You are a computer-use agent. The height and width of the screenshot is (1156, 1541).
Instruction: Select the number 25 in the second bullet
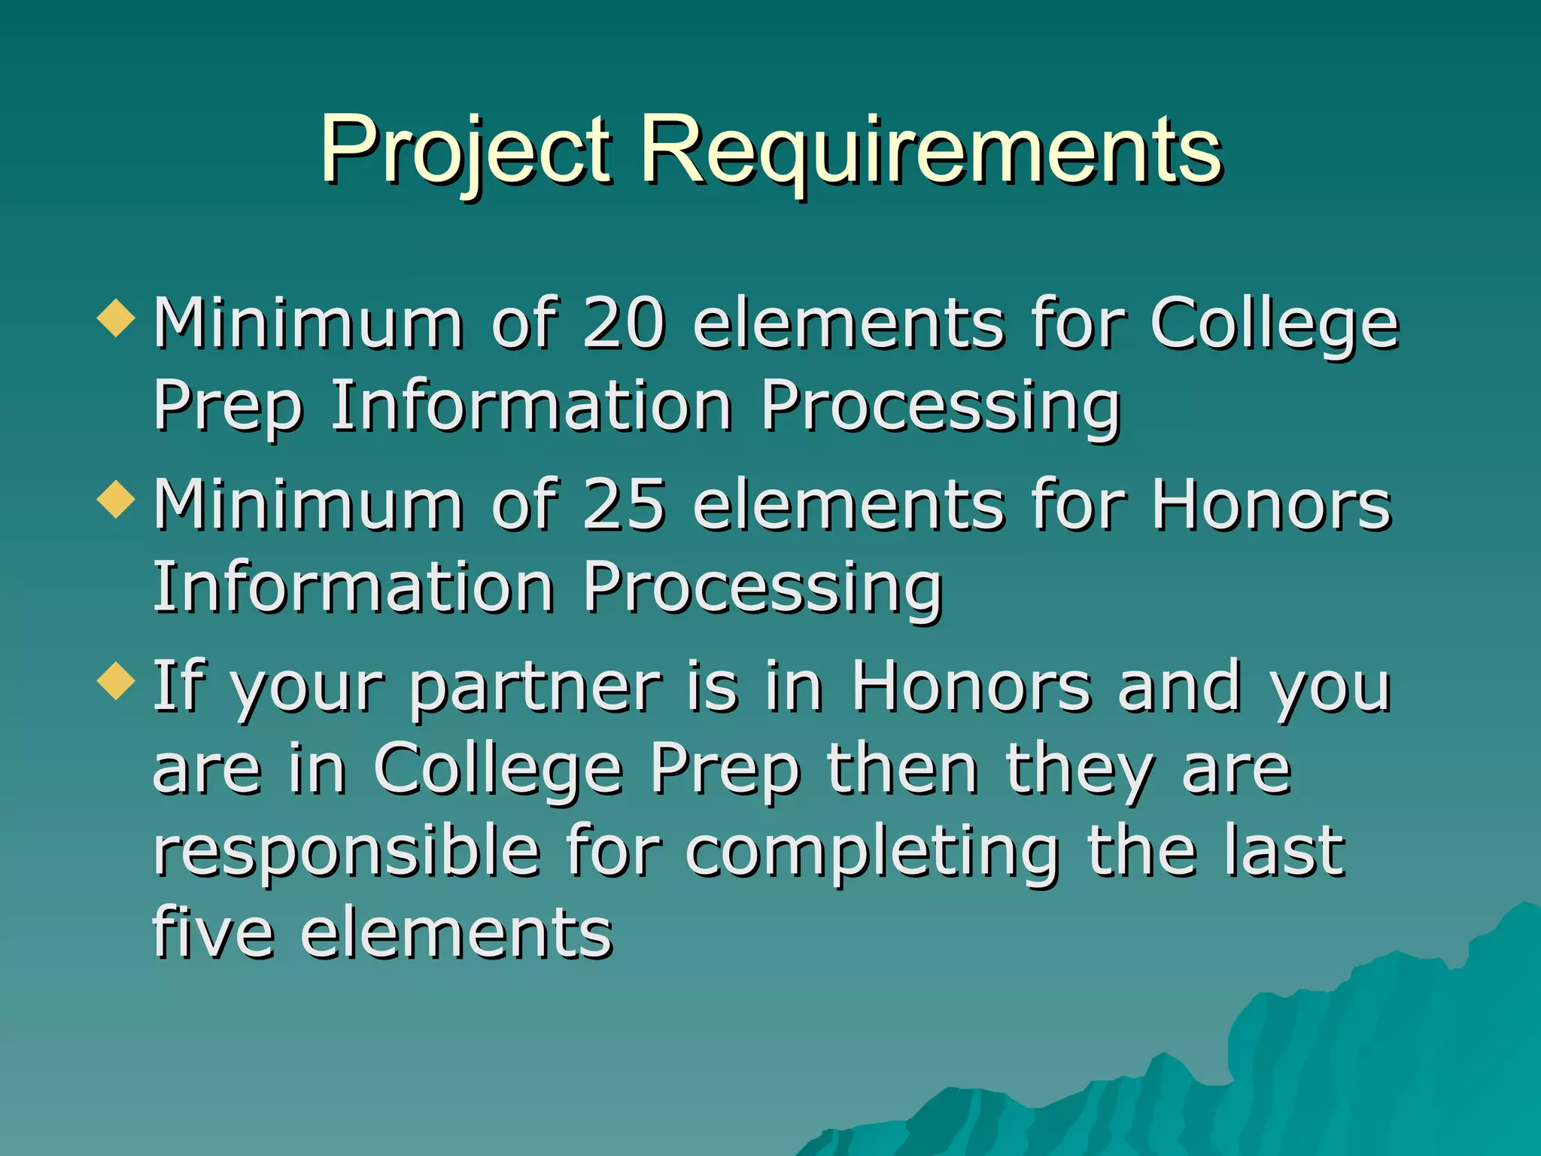point(624,504)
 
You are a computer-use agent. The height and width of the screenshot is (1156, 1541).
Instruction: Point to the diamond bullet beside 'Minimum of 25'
point(117,500)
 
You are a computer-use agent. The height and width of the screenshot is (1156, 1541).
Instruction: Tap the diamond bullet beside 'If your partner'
point(117,680)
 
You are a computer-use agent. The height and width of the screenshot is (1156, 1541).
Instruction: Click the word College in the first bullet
point(1275,324)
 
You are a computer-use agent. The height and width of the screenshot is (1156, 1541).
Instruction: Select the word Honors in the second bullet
point(1272,504)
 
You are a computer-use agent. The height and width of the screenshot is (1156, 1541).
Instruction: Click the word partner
point(536,688)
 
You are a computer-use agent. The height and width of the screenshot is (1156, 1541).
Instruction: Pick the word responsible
point(347,852)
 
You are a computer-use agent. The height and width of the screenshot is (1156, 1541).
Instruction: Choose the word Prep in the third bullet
point(725,769)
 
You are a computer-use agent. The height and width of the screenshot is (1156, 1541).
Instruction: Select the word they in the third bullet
point(1081,769)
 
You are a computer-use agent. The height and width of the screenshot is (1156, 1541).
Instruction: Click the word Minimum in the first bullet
point(309,324)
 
